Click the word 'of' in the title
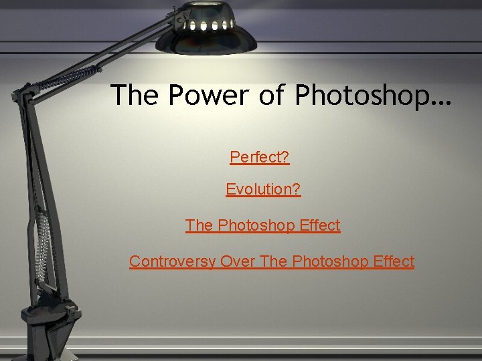pos(272,96)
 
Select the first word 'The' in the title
pos(135,96)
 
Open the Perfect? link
pos(259,158)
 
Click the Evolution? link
pos(263,190)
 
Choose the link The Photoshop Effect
pos(262,226)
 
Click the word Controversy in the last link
pos(172,262)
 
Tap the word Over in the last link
pos(237,261)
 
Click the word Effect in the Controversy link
pos(391,261)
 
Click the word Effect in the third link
pos(317,226)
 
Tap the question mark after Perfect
pos(285,158)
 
